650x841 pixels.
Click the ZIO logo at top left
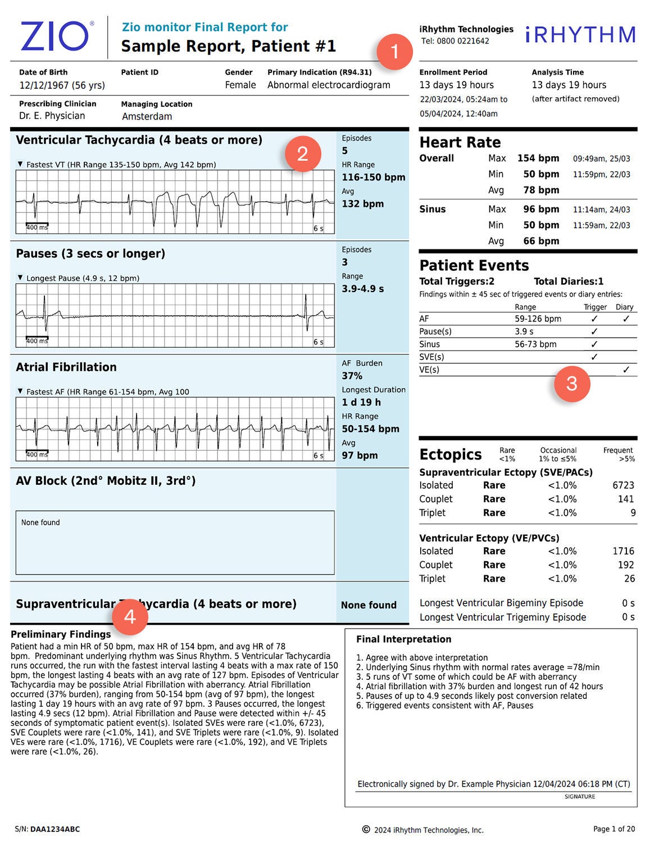click(x=54, y=37)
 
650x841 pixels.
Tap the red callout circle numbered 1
click(x=394, y=52)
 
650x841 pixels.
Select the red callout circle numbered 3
click(x=571, y=384)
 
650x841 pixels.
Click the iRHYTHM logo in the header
click(x=580, y=35)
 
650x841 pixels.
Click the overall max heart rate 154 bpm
click(x=538, y=158)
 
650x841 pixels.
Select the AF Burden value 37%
click(x=352, y=376)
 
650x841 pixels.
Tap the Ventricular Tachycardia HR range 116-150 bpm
click(x=373, y=178)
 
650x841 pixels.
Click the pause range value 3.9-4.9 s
click(x=362, y=289)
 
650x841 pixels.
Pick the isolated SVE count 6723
click(x=623, y=485)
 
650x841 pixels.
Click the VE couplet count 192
click(x=625, y=565)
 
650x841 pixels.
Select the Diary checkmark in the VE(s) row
click(x=625, y=370)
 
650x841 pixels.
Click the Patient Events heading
click(x=474, y=266)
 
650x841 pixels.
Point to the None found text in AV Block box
click(x=40, y=522)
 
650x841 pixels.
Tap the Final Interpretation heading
click(x=403, y=639)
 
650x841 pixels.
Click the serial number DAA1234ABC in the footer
click(x=55, y=829)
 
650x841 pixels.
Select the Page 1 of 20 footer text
click(x=613, y=829)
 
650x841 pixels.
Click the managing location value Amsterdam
click(x=147, y=117)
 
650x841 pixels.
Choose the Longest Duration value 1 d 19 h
click(x=361, y=402)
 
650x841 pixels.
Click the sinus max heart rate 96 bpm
click(x=541, y=210)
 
